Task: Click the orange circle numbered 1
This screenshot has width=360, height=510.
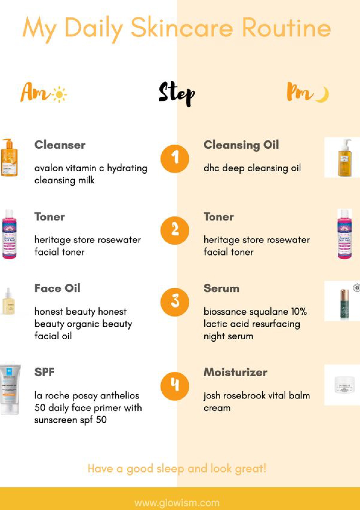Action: coord(175,159)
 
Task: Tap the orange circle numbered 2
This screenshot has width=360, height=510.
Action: coord(175,230)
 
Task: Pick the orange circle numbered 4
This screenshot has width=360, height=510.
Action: coord(175,386)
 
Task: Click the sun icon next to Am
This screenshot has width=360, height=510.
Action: coord(59,94)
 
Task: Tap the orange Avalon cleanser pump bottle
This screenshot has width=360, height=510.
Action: coord(9,157)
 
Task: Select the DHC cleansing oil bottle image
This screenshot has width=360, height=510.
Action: coord(344,157)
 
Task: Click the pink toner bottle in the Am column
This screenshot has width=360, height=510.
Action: coord(9,234)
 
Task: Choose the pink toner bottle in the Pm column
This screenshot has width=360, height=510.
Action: coord(345,234)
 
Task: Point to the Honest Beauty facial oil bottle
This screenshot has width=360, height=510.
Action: coord(8,301)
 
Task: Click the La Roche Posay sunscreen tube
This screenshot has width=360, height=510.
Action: coord(10,390)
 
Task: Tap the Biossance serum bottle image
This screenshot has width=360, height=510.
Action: coord(344,304)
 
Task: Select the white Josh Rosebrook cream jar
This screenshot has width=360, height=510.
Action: coord(344,385)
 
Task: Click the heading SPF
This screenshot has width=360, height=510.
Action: coord(44,372)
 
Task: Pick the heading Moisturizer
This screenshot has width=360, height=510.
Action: coord(235,372)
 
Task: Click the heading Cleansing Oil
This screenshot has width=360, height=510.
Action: coord(241,145)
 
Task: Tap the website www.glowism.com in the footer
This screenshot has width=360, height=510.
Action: coord(177,502)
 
